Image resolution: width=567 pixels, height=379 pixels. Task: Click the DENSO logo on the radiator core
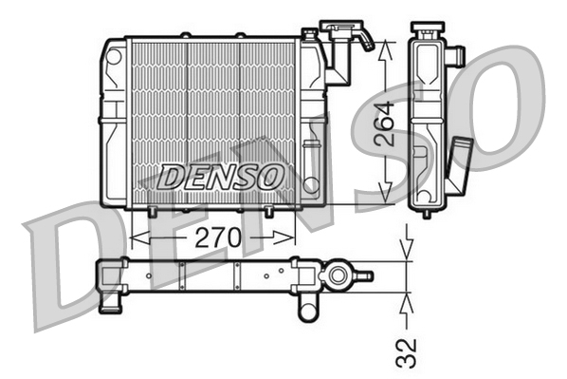220,176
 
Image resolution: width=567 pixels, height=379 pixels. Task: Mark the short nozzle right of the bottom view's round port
363,276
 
